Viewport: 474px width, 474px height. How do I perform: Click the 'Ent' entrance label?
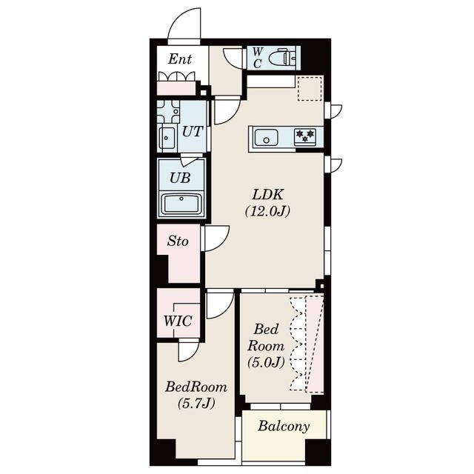point(180,59)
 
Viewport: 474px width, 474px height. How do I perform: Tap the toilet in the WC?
point(283,58)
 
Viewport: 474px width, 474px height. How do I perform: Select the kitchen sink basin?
point(266,138)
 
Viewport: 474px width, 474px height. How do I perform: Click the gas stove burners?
point(305,136)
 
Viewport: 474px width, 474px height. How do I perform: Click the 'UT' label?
point(192,132)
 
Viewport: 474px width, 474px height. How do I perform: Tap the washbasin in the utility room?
point(167,138)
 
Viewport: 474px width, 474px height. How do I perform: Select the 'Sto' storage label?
point(178,241)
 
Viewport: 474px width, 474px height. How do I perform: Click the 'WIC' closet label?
point(178,321)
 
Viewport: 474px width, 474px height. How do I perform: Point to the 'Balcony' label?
point(284,427)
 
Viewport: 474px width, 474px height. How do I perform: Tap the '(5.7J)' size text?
point(196,403)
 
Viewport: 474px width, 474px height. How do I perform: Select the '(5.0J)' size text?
point(266,362)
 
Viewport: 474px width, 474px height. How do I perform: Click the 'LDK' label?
point(268,195)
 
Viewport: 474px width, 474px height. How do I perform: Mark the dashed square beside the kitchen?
point(310,89)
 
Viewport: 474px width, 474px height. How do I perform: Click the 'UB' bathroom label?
point(180,178)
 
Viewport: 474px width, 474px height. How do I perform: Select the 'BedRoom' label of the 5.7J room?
point(196,387)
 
